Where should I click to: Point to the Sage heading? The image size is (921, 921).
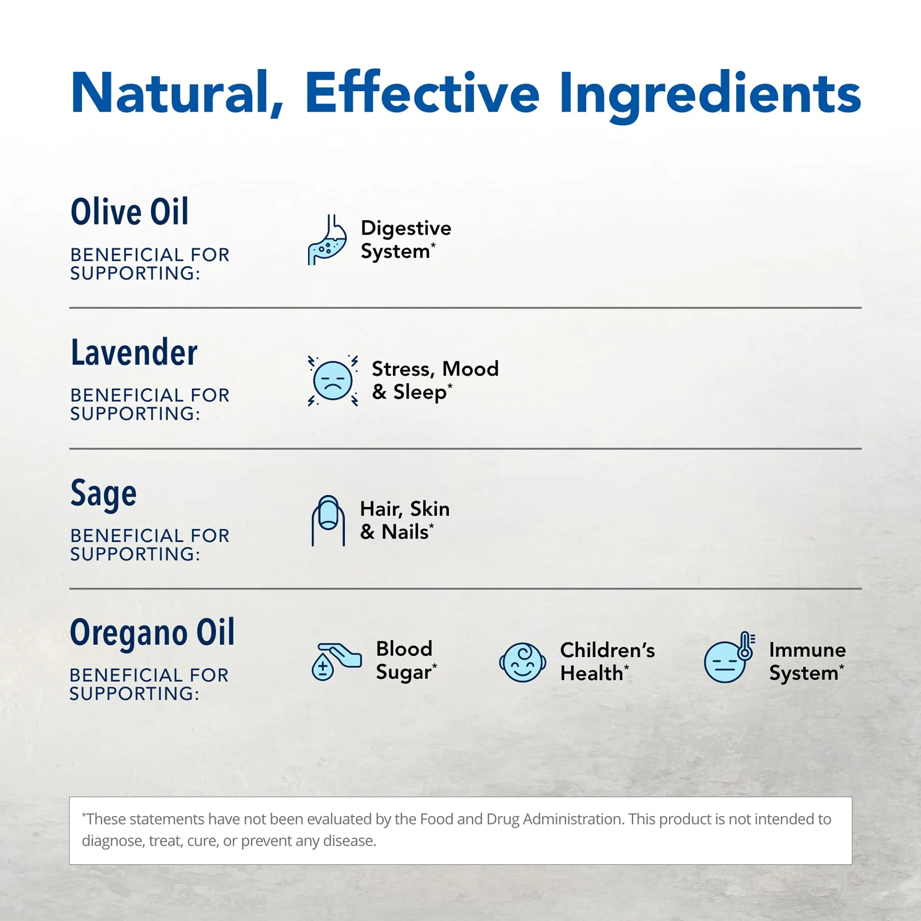[104, 494]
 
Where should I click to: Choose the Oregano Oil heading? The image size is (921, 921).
[153, 633]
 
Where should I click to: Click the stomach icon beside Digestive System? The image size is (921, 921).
[327, 239]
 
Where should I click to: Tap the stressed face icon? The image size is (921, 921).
[333, 381]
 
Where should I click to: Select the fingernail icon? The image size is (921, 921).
[328, 520]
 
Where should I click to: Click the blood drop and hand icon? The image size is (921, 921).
[336, 661]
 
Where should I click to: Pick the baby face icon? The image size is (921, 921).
[522, 662]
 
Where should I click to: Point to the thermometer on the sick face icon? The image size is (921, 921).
[745, 645]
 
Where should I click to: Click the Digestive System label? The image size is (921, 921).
[406, 239]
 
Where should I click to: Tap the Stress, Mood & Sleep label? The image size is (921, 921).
[436, 380]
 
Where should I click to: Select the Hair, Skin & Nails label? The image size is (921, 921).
[405, 520]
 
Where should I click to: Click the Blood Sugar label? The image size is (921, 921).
[406, 661]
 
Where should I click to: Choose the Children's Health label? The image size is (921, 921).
[607, 661]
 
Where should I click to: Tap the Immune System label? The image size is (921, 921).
[807, 661]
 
